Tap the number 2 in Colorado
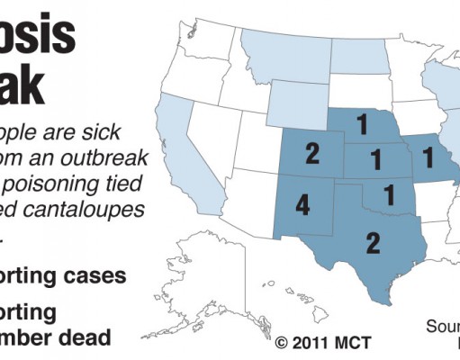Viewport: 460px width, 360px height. point(312,153)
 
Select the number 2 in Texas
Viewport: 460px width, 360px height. point(373,240)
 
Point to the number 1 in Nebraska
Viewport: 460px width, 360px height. point(364,121)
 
